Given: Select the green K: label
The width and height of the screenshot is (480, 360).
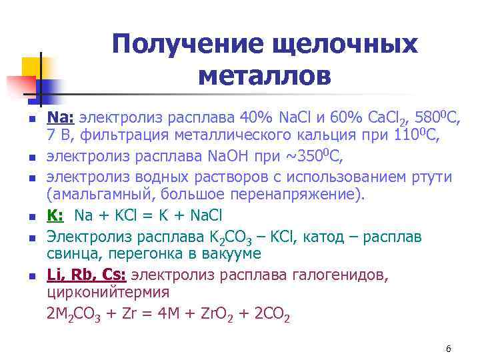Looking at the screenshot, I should click(x=56, y=216).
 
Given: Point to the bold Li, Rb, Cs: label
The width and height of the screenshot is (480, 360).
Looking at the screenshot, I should click(x=86, y=275).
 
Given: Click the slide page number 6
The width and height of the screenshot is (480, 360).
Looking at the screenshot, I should click(x=449, y=349).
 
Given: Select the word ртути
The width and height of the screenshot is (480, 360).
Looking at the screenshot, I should click(x=431, y=177).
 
